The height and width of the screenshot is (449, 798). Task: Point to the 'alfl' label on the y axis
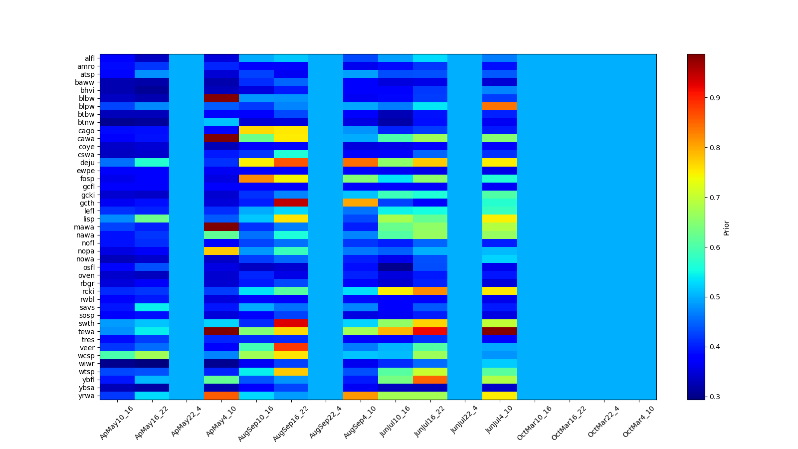89,58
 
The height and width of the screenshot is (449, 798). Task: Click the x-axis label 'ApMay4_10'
219,422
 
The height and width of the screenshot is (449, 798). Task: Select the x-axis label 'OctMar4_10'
638,423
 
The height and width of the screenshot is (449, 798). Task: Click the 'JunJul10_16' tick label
395,423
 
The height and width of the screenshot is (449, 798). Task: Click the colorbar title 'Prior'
726,227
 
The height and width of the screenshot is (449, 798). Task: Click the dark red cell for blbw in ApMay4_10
221,98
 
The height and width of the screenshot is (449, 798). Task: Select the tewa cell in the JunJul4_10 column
499,332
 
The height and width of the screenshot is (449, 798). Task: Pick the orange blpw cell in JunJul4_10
499,106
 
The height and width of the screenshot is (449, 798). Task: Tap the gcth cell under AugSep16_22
291,203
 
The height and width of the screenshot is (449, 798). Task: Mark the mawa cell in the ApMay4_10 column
221,227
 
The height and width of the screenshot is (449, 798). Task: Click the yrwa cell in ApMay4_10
221,396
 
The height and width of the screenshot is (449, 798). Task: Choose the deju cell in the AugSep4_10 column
360,163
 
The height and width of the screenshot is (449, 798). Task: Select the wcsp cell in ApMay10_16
117,355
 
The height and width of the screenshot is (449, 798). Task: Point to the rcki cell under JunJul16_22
430,291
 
